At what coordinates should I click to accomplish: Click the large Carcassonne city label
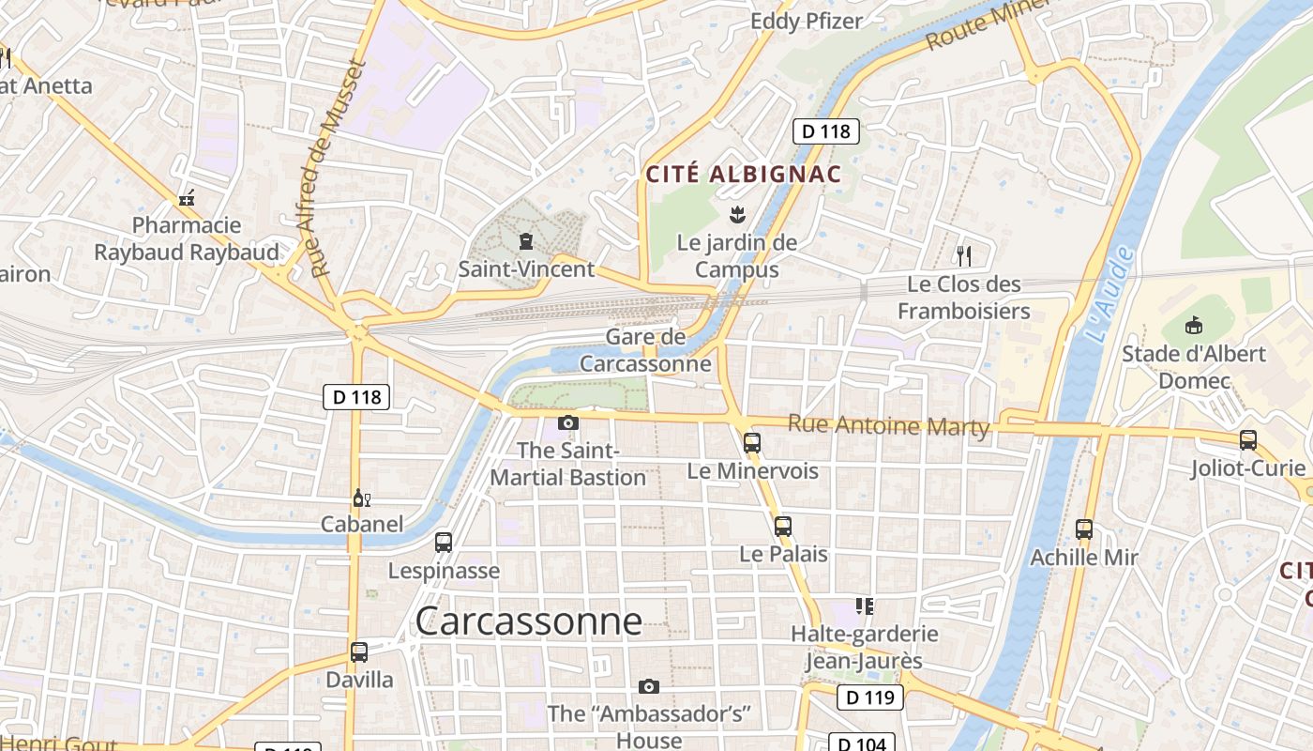coord(528,621)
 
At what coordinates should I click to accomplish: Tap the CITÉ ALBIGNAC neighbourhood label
coord(743,175)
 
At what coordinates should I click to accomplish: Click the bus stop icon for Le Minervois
coord(751,443)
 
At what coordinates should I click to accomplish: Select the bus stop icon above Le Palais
coord(783,527)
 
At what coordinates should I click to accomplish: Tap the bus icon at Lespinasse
coord(444,543)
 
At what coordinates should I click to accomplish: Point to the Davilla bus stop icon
coord(358,651)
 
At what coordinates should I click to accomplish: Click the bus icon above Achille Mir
coord(1084,529)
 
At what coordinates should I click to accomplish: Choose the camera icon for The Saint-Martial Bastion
coord(567,423)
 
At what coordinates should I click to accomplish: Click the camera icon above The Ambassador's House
coord(648,687)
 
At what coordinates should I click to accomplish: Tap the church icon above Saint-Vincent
coord(525,242)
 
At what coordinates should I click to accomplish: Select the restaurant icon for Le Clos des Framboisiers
coord(962,255)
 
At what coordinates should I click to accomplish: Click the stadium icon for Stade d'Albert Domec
coord(1194,326)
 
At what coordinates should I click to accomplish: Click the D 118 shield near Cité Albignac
coord(826,131)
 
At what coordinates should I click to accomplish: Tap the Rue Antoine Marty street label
coord(888,425)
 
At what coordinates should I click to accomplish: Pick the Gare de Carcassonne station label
coord(645,350)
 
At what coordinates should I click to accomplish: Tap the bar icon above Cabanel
coord(360,498)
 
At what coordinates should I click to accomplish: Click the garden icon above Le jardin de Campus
coord(736,215)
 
